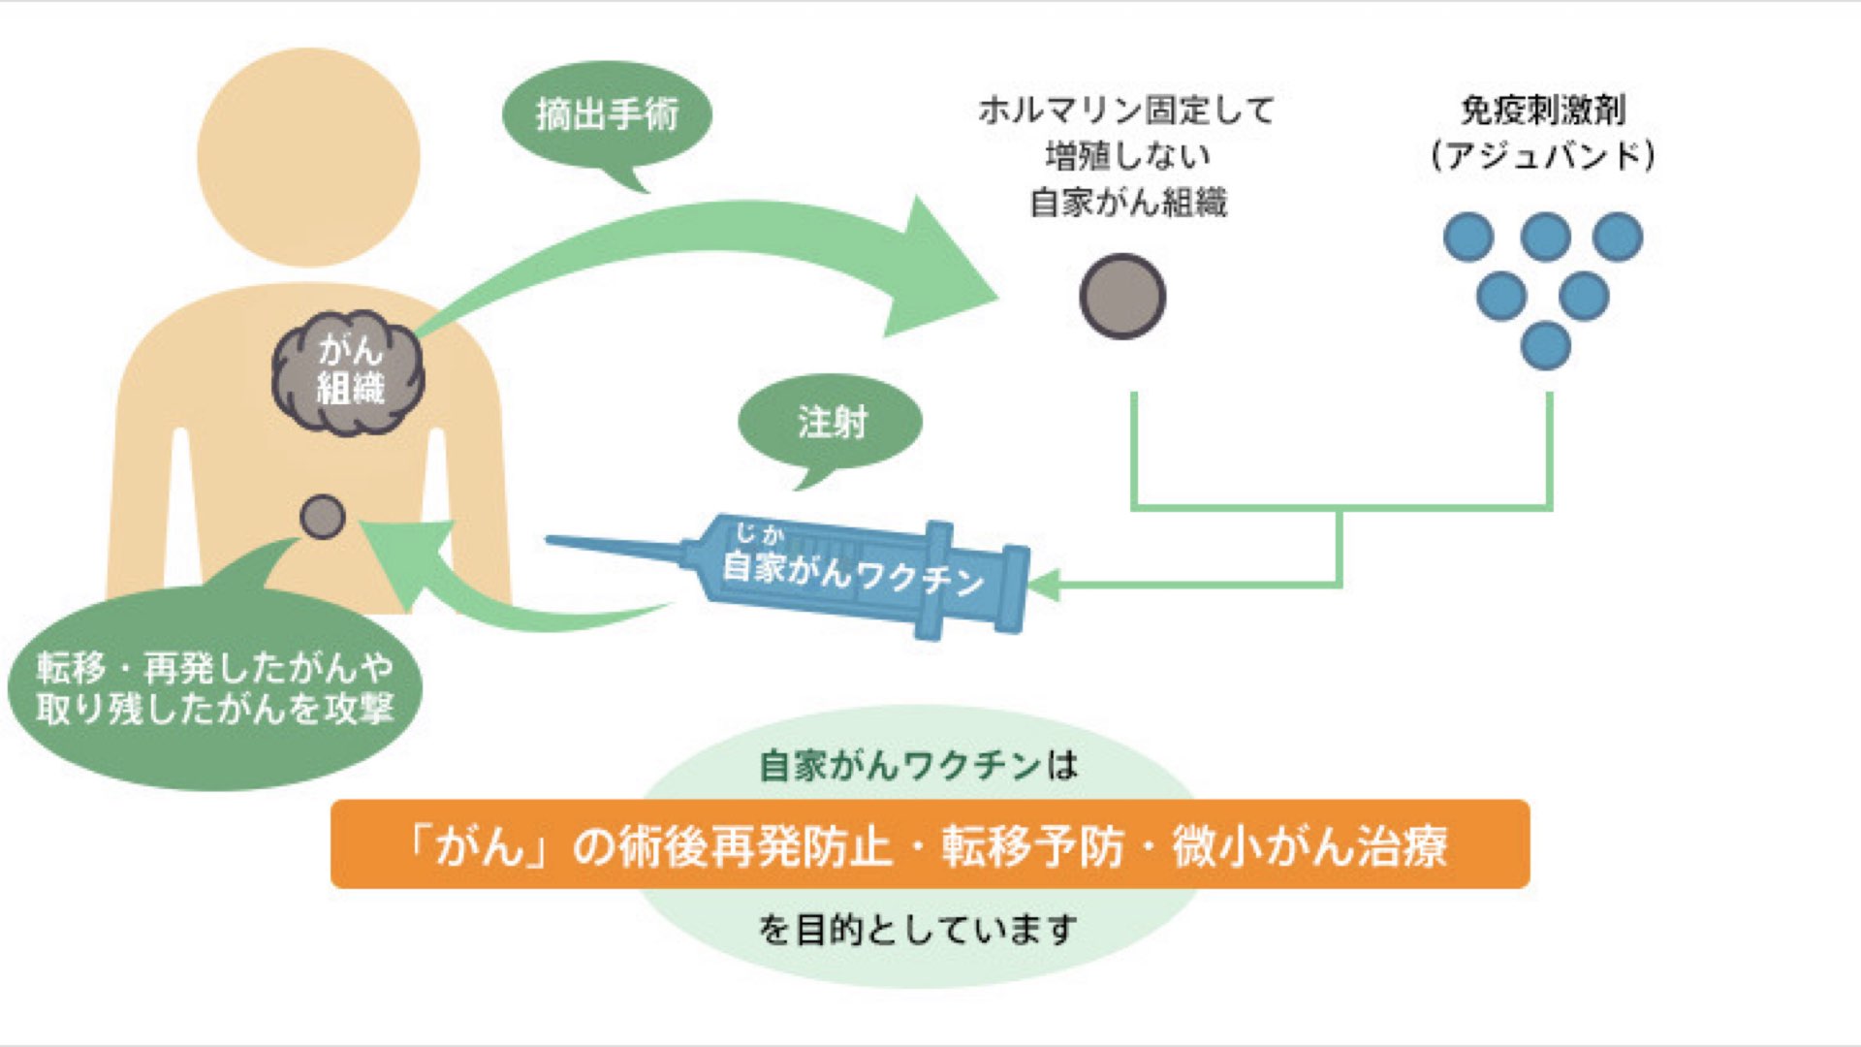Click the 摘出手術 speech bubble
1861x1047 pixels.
click(607, 115)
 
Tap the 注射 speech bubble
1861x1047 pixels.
click(831, 423)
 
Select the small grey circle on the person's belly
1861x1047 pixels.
click(322, 517)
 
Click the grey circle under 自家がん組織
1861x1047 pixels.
click(1122, 297)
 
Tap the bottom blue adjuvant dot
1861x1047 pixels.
click(1545, 345)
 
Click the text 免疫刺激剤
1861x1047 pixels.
click(1543, 110)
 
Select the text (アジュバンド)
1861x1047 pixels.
click(1543, 155)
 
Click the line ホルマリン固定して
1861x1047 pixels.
click(1126, 110)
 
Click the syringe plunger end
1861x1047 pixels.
click(1014, 589)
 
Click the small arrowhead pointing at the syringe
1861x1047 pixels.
click(1043, 586)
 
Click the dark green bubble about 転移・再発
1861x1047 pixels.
click(215, 688)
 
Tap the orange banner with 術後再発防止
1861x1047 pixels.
click(930, 844)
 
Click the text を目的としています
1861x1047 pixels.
click(917, 930)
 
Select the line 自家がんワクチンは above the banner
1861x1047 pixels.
click(917, 766)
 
